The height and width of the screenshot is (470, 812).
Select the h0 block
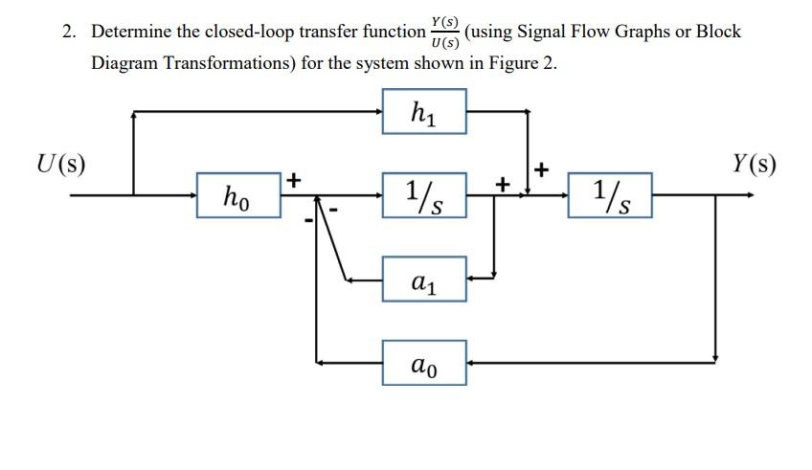238,194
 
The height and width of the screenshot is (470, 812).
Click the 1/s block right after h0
423,194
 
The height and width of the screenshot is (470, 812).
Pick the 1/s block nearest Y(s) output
610,194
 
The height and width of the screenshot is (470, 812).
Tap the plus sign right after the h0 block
294,178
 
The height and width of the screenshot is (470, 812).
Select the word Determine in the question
132,32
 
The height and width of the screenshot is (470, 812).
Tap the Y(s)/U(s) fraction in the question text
444,32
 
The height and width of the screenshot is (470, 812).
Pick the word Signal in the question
541,32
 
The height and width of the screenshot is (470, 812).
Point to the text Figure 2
522,63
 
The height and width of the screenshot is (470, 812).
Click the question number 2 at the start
68,32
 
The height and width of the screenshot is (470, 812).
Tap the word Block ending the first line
718,32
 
